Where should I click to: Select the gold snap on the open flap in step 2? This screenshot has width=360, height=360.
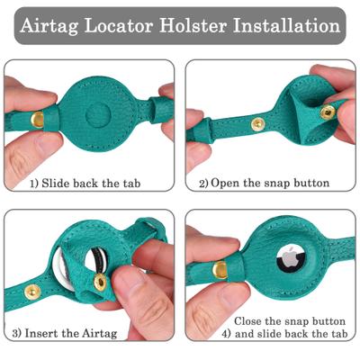(x=328, y=112)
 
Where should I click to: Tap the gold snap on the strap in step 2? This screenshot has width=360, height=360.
(x=258, y=124)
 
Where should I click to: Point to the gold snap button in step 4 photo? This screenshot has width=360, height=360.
(x=218, y=269)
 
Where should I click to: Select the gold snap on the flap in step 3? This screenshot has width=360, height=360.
(x=100, y=283)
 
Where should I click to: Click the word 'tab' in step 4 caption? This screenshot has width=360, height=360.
(x=337, y=334)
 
